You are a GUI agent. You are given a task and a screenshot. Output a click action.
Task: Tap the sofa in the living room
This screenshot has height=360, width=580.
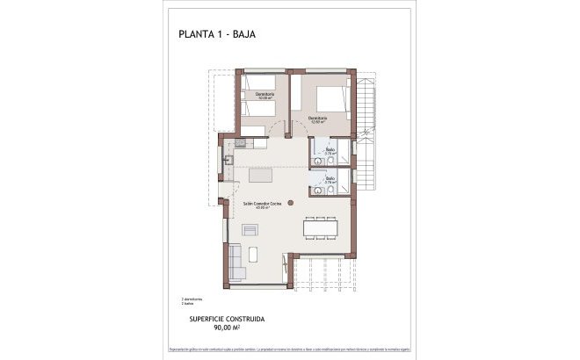235,261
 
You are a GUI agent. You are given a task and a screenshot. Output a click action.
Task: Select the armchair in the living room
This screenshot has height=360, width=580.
250,230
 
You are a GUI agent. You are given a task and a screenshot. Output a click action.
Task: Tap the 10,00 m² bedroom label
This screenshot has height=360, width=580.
265,96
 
